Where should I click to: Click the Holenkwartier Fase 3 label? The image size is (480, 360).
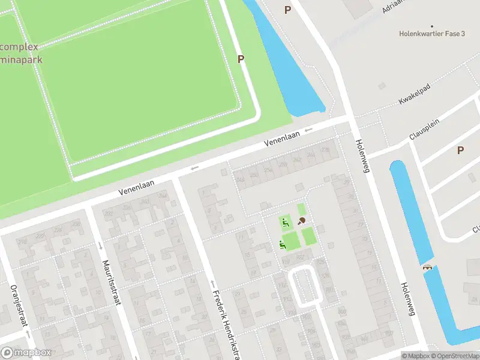pyautogui.click(x=432, y=34)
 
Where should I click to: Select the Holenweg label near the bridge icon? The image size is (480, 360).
pyautogui.click(x=409, y=299)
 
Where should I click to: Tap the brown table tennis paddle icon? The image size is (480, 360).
pyautogui.click(x=301, y=221)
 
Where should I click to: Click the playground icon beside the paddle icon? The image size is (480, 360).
pyautogui.click(x=285, y=223)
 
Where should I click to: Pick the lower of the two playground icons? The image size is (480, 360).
pyautogui.click(x=281, y=244)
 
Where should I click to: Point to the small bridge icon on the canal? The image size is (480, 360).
pyautogui.click(x=427, y=267)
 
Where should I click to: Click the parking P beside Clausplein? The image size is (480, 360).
pyautogui.click(x=460, y=151)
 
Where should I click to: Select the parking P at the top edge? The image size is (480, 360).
pyautogui.click(x=287, y=10)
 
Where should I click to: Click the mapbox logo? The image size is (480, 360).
pyautogui.click(x=25, y=353)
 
